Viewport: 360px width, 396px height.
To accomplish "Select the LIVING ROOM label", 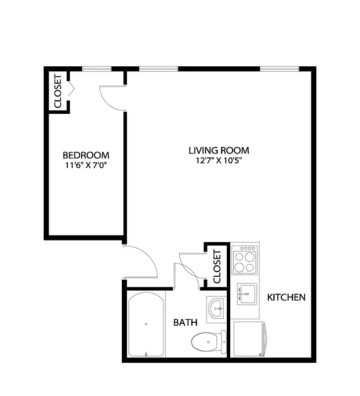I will tap(219, 150).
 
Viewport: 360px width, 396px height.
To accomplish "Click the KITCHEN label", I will tap(286, 297).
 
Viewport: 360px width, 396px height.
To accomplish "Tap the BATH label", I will tap(185, 323).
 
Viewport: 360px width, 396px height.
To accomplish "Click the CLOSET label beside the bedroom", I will tap(57, 91).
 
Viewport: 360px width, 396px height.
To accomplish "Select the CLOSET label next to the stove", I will tap(217, 266).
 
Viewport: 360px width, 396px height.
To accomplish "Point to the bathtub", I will tap(146, 324).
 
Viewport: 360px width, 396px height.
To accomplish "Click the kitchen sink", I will tap(246, 295).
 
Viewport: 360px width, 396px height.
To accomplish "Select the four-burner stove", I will tap(245, 260).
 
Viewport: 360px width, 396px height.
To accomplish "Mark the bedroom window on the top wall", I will tap(97, 69).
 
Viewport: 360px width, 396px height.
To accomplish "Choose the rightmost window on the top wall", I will tap(279, 69).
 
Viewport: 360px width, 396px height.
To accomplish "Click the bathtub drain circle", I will tap(146, 324).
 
